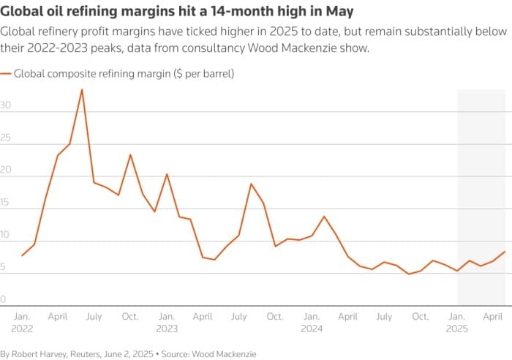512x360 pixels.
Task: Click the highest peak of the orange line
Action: tap(82, 89)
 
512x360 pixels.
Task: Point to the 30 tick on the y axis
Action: tap(6, 105)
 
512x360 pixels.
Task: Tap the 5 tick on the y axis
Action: tap(4, 267)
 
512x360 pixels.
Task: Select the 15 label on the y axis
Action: tap(6, 203)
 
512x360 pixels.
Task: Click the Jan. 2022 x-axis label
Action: tap(23, 323)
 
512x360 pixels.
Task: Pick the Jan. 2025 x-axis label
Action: tap(458, 323)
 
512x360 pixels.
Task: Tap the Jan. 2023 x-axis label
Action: tap(167, 323)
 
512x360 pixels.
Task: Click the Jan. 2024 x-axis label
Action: tap(312, 323)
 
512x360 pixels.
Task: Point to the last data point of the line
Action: tap(505, 252)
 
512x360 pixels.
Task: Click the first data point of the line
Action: tap(23, 255)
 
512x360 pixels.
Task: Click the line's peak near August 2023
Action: tap(251, 184)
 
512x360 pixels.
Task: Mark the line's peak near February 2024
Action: tap(324, 217)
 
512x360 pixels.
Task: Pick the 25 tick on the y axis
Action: tap(6, 138)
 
